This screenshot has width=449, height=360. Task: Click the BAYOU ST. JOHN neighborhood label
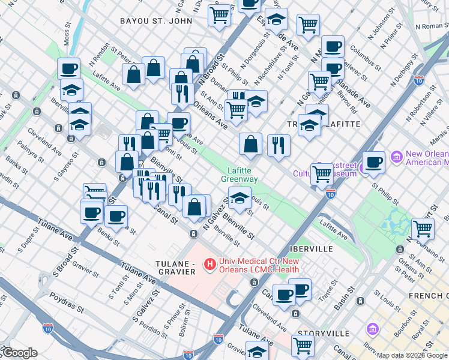click(156, 21)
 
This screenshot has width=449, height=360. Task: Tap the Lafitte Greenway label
click(240, 175)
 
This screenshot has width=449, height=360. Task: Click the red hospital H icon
click(209, 263)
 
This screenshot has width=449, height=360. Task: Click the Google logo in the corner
click(20, 353)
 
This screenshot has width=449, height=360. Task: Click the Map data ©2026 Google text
click(411, 355)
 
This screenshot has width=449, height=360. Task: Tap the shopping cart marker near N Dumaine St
click(423, 229)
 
